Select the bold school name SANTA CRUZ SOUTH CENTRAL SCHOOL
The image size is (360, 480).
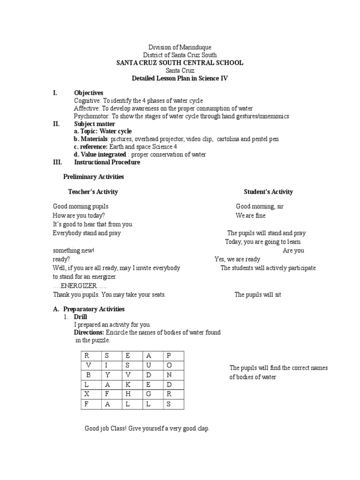[x=180, y=63]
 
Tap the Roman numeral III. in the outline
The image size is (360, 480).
[x=57, y=162]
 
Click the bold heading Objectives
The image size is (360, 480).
[x=89, y=93]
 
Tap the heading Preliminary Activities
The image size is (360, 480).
[x=93, y=177]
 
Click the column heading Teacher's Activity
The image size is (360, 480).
[x=93, y=192]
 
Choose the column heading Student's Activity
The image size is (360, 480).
[x=268, y=192]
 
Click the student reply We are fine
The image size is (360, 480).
[x=250, y=216]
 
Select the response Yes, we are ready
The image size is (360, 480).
[x=237, y=259]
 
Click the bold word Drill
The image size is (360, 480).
[x=81, y=317]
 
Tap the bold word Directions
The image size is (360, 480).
[x=89, y=332]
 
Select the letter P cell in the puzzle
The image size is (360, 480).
[x=169, y=355]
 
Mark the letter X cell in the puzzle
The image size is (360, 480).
[x=87, y=394]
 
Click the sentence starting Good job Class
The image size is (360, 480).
[x=147, y=428]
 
